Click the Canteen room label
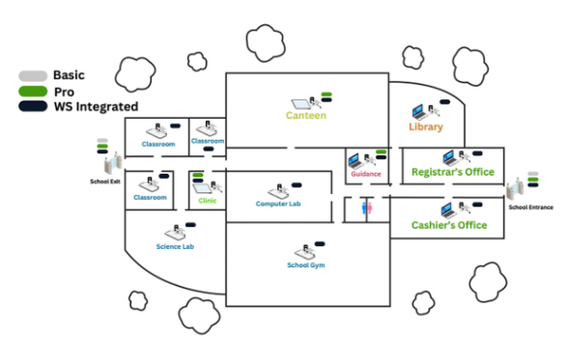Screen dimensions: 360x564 [x=305, y=116]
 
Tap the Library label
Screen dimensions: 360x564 [x=425, y=127]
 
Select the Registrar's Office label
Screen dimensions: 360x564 [x=452, y=172]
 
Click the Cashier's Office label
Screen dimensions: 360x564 [x=448, y=226]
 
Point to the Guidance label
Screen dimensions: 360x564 [x=366, y=175]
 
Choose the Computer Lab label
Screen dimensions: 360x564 [x=278, y=204]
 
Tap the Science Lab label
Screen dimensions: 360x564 [x=175, y=246]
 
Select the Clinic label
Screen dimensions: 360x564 [x=208, y=201]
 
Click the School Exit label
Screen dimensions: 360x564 [x=105, y=180]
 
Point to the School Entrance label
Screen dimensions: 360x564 [x=531, y=207]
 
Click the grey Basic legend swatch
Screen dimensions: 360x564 [x=32, y=75]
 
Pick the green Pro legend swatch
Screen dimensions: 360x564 [x=32, y=91]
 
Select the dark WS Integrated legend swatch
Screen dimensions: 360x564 [x=32, y=106]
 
